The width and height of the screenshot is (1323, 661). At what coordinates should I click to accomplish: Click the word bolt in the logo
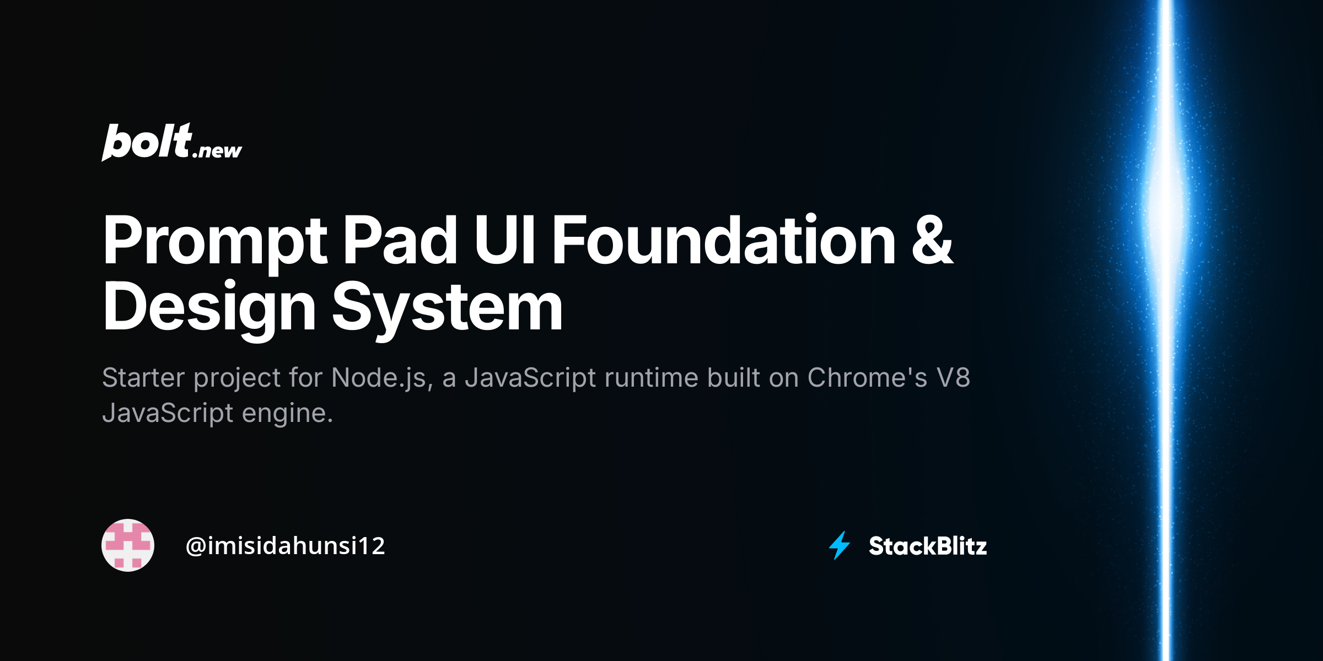(147, 142)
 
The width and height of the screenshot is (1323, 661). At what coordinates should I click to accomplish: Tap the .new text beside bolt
(217, 150)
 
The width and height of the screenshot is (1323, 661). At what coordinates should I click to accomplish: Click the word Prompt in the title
(215, 241)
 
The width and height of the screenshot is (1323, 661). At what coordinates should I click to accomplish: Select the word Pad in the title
(400, 240)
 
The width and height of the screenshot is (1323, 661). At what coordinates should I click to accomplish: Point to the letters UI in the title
(504, 240)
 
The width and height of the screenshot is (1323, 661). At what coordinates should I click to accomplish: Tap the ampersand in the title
(932, 241)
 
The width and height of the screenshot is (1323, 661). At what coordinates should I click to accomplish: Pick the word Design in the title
(209, 307)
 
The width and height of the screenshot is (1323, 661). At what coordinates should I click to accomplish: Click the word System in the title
(447, 307)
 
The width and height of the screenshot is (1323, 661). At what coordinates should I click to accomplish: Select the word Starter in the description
(143, 378)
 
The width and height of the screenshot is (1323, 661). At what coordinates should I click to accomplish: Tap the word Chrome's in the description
(867, 378)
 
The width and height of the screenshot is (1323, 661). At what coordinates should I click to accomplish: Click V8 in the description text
(953, 378)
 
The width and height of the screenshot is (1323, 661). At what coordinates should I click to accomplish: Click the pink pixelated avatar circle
(128, 545)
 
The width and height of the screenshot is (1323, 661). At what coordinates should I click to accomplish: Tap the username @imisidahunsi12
(285, 546)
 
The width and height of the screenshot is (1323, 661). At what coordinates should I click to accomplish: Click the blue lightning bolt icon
(840, 545)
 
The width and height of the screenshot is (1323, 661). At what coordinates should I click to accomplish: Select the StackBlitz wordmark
(928, 546)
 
